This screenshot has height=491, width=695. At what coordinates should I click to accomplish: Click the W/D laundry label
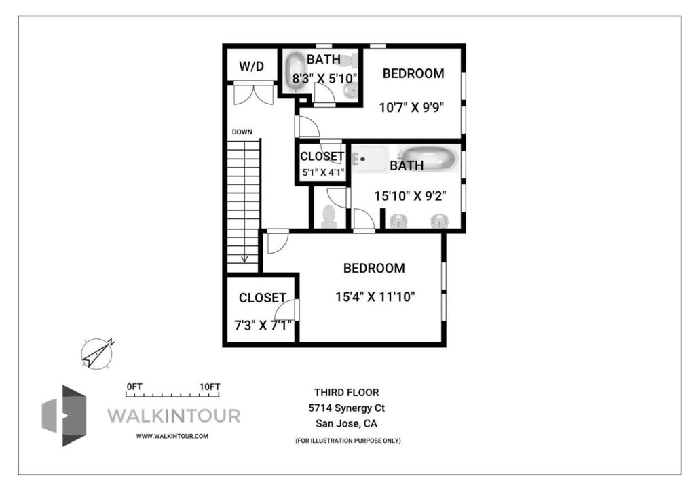(x=251, y=66)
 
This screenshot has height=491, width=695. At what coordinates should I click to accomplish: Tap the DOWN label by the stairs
(x=242, y=132)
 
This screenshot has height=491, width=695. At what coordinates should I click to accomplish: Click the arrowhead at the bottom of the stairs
(x=244, y=258)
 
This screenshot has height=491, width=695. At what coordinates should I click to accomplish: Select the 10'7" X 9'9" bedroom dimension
(x=411, y=108)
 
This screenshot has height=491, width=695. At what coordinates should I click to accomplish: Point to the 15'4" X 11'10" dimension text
(x=375, y=296)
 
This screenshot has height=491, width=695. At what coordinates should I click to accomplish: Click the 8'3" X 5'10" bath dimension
(x=324, y=79)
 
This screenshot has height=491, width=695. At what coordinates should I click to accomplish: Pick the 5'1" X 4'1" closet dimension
(x=323, y=173)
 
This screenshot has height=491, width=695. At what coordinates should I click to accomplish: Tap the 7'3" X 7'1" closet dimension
(x=263, y=326)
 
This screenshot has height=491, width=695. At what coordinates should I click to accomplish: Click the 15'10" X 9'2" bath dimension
(x=410, y=196)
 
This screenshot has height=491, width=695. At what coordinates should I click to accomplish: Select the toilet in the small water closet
(x=329, y=216)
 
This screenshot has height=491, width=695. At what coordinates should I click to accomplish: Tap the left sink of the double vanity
(x=398, y=220)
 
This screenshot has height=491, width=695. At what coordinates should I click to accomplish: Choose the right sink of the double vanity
(x=439, y=220)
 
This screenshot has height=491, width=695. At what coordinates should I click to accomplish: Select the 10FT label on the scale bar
(x=210, y=387)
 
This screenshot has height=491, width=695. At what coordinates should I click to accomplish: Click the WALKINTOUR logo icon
(x=64, y=415)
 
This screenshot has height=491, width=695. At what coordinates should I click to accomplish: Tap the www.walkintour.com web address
(x=172, y=436)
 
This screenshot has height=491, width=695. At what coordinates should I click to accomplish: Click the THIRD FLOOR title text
(x=347, y=392)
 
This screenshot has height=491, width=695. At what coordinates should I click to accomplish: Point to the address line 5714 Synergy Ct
(x=347, y=408)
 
